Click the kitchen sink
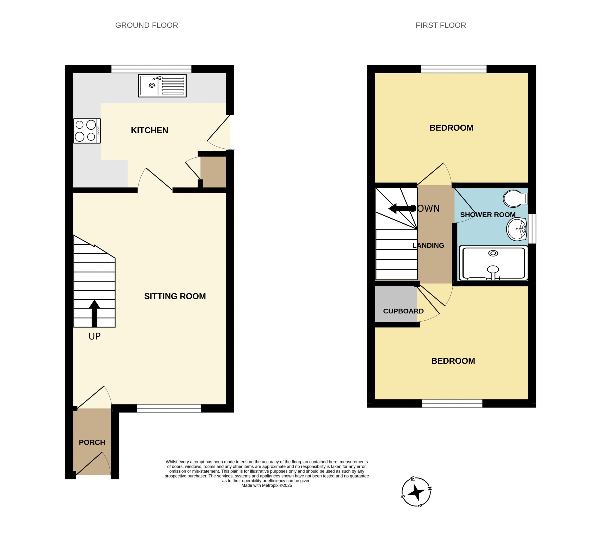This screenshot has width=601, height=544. (x=162, y=85)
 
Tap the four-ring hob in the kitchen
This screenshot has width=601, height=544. (x=87, y=131)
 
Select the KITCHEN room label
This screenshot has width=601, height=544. (x=149, y=130)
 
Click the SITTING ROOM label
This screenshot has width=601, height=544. (x=175, y=296)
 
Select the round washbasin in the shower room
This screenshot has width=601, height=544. (x=517, y=229)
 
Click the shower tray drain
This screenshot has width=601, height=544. (x=493, y=253)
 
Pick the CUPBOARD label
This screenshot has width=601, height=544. (x=403, y=311)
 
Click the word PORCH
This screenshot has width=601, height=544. (x=92, y=442)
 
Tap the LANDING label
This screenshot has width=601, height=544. (x=428, y=245)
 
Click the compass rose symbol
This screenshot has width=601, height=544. (x=416, y=492)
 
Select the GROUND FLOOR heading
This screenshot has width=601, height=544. (x=147, y=25)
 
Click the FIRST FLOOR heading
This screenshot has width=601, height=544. (x=441, y=25)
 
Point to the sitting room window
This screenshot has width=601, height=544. (x=169, y=408)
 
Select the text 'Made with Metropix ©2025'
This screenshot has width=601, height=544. (x=267, y=485)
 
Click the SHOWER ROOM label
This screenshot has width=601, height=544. (x=488, y=215)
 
